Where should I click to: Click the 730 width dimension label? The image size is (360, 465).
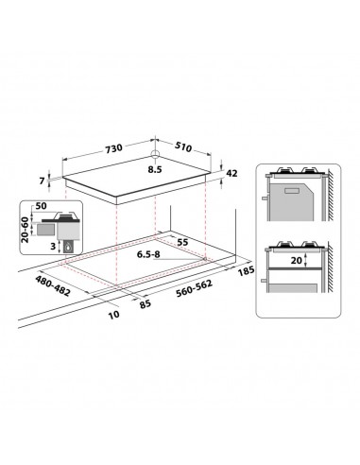coord(113,148)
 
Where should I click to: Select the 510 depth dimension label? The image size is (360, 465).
coord(183,146)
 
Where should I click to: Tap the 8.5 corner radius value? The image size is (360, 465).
coord(155,169)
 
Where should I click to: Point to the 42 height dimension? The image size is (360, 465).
coord(231,173)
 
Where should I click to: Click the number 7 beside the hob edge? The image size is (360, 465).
coord(42,181)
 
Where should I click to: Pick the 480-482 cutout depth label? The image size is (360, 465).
coord(53,285)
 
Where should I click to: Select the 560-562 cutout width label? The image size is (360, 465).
coord(195,288)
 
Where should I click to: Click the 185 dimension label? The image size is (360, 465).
coord(246,270)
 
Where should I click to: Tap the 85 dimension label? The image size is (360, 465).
coord(146,304)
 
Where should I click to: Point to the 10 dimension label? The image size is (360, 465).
coord(114,315)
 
